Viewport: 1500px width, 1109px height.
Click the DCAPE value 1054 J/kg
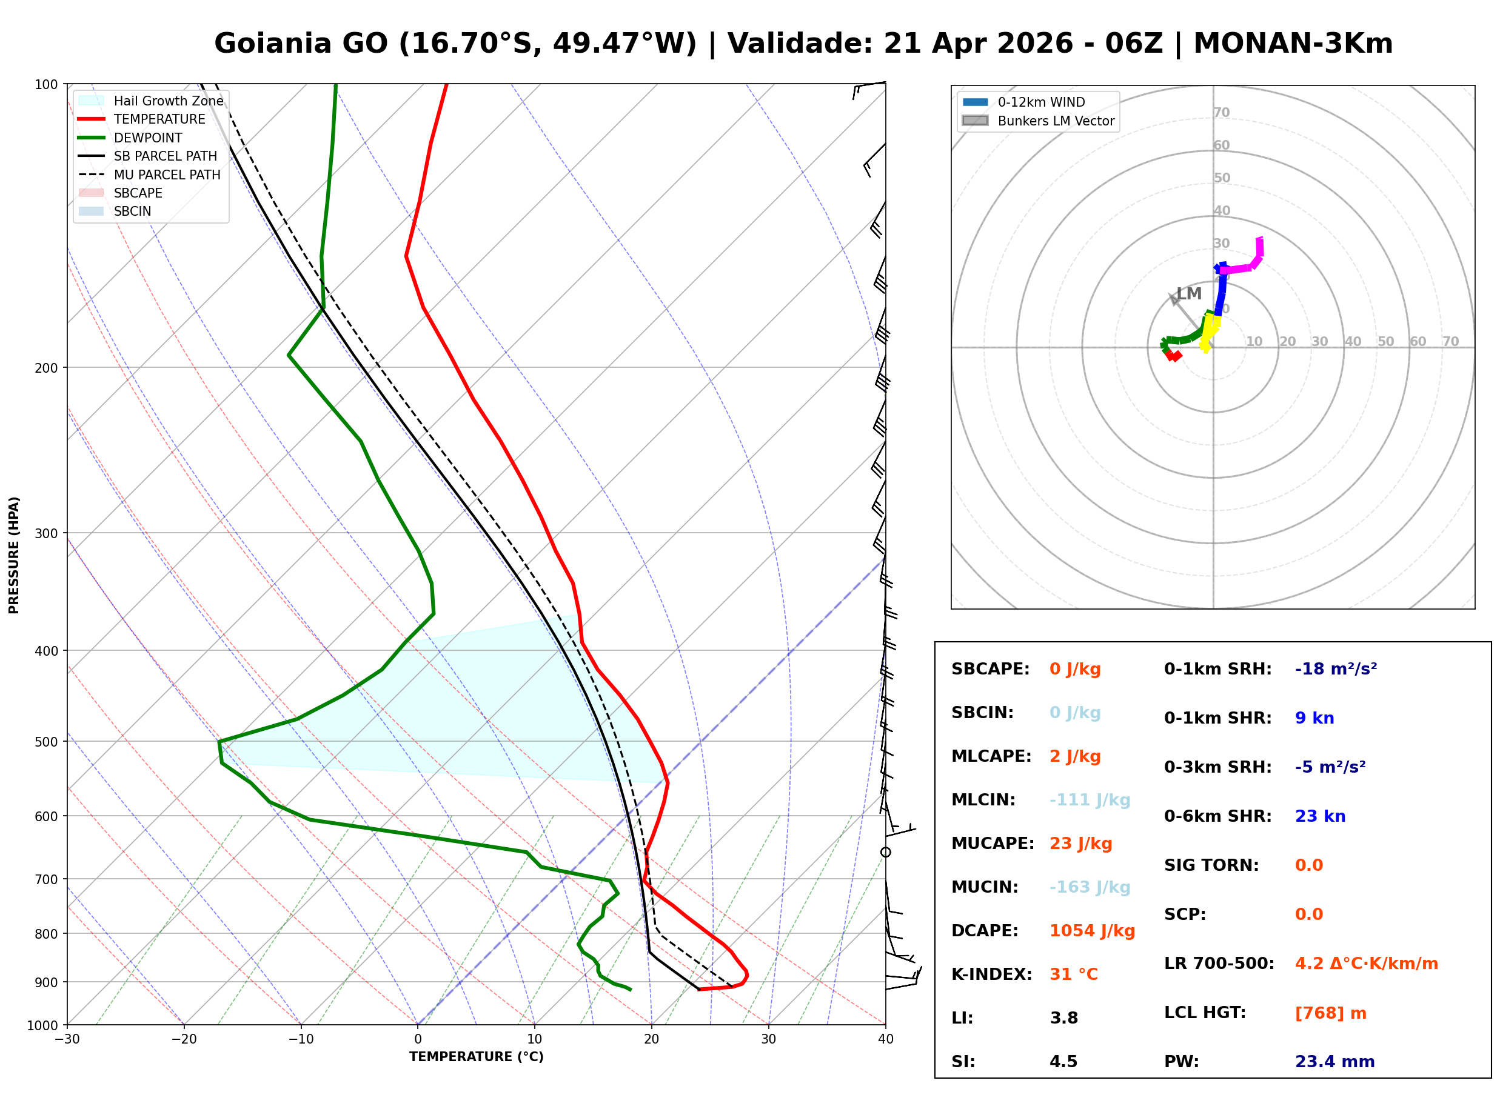tap(1092, 931)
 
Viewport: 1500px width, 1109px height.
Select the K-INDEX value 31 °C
tap(1073, 974)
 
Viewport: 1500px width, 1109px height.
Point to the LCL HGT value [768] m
tap(1330, 1013)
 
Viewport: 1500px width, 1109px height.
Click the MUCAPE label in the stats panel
tap(993, 844)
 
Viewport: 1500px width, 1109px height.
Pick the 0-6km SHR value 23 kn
tap(1320, 816)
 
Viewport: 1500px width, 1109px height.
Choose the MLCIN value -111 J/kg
tap(1090, 800)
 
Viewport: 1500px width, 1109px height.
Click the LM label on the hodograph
tap(1189, 294)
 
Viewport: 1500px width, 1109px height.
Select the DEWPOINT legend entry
tap(148, 138)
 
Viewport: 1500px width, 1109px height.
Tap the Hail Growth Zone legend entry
tap(168, 101)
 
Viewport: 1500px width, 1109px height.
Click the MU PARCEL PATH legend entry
tap(167, 175)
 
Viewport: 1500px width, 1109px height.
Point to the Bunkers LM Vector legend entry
tap(1056, 121)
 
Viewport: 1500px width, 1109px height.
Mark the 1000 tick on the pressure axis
tap(43, 1025)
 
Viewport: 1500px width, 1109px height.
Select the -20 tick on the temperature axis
tap(184, 1039)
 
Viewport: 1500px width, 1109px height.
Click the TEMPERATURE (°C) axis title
tap(476, 1057)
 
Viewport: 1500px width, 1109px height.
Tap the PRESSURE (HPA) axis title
tap(14, 554)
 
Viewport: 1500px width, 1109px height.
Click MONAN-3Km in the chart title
tap(1293, 44)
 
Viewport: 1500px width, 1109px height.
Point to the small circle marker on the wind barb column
tap(886, 853)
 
